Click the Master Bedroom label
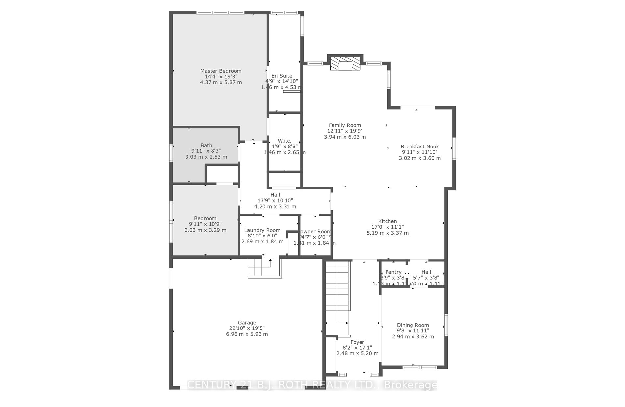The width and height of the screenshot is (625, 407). coord(221,71)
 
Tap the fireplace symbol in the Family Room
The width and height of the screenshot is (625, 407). coord(345,64)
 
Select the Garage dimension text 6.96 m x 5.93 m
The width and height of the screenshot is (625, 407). coord(247,334)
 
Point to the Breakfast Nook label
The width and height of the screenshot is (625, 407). coord(420,147)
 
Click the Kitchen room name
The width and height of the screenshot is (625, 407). coord(387,221)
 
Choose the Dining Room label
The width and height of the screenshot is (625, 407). coord(413,325)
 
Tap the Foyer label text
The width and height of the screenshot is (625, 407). coord(357,342)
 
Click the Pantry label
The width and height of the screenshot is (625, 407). coord(393,272)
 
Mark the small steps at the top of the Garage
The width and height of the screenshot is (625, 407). coord(264,268)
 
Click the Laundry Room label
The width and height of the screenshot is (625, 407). coord(262,230)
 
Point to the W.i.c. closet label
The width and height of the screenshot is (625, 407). coord(284,141)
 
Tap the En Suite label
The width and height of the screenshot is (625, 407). coord(282,76)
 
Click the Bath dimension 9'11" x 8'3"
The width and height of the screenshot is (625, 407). coord(206,151)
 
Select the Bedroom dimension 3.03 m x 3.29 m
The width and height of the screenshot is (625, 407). coord(205,230)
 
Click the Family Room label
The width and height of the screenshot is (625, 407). coord(345,125)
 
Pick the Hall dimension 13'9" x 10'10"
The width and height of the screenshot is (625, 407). coord(275,201)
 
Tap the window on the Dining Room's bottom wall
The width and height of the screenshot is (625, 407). coord(420,367)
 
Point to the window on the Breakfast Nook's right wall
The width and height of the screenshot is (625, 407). coord(454,148)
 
